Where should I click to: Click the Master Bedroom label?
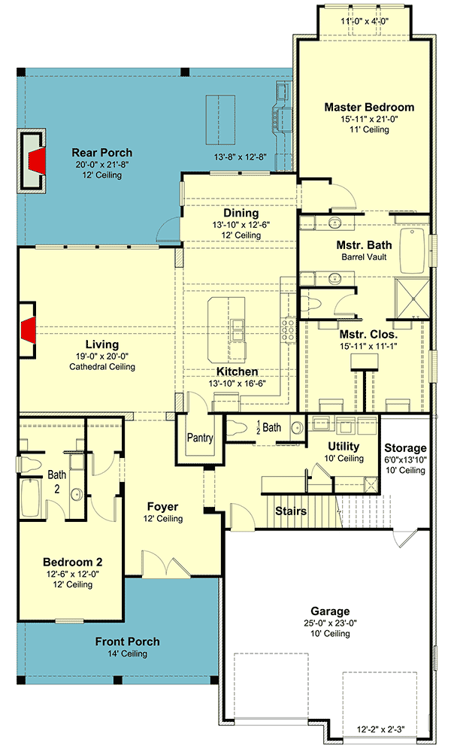[369, 107]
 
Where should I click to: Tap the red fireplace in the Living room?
[28, 329]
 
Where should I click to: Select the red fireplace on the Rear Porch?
[38, 161]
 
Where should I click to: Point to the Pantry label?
[200, 438]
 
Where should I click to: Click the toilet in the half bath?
[236, 428]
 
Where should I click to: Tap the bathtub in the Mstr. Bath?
[413, 250]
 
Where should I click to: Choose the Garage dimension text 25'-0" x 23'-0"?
[330, 623]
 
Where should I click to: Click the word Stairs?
[291, 511]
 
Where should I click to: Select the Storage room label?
[405, 447]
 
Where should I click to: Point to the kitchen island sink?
[238, 329]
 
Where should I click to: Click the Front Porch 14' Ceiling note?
[128, 653]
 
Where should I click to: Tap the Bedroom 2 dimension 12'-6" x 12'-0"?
[73, 575]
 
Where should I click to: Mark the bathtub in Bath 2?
[29, 498]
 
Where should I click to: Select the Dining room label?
[241, 213]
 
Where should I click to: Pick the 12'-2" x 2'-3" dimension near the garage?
[380, 729]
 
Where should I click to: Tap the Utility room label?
[344, 447]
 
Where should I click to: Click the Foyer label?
[163, 507]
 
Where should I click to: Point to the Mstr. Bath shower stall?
[411, 297]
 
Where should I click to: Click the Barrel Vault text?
[364, 257]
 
